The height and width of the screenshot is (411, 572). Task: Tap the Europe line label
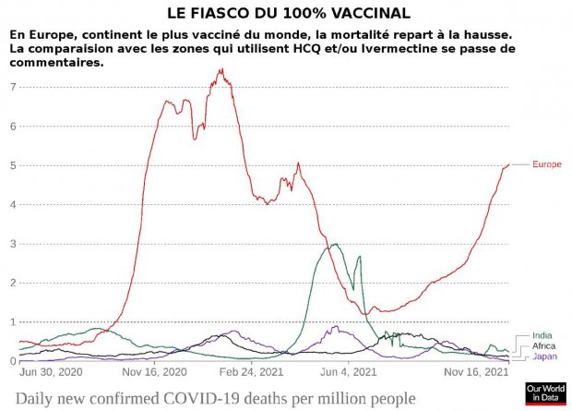[x=547, y=164]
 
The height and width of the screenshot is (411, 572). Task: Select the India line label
[x=542, y=336]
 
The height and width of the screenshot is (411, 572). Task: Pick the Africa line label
[x=543, y=346]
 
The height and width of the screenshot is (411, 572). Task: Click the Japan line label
[x=544, y=356]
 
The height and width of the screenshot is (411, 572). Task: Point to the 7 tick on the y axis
[x=13, y=87]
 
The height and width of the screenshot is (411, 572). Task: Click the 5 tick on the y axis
[x=13, y=165]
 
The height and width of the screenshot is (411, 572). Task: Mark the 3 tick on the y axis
[x=13, y=244]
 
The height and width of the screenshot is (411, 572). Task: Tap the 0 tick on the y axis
[x=13, y=361]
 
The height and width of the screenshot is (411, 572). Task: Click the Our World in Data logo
[x=544, y=393]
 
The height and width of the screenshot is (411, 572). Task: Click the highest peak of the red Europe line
[x=219, y=70]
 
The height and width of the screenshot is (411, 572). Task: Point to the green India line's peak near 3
[x=334, y=245]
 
